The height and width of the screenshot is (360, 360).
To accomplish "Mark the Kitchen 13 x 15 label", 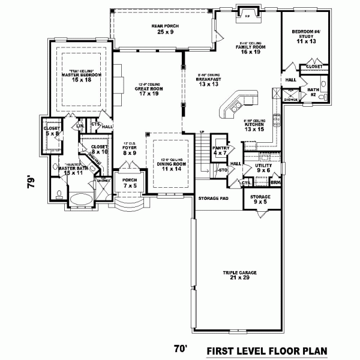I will [254, 126].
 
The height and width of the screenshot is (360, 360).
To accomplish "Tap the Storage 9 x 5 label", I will [260, 199].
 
